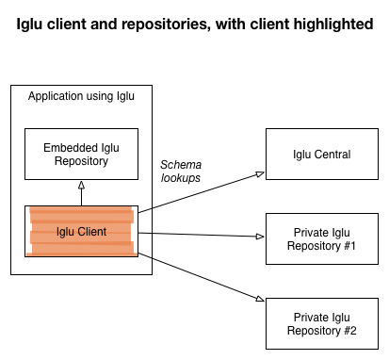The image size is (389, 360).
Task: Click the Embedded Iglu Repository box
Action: coord(81,155)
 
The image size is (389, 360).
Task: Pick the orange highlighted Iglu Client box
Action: coord(81,231)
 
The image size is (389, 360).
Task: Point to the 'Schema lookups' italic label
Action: coord(180,171)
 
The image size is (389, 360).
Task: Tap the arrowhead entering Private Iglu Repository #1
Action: coord(261,237)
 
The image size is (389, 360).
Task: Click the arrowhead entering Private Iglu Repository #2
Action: coord(261,299)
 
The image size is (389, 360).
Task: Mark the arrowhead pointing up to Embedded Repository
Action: coord(81,186)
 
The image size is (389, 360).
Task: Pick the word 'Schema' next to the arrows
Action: coord(180,164)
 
